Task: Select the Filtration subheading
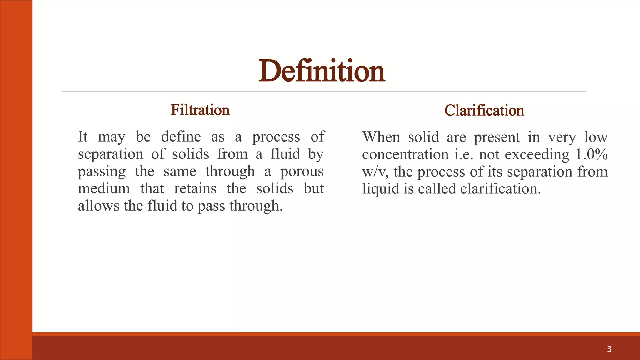click(200, 110)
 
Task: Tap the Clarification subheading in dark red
click(484, 110)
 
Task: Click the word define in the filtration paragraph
click(181, 137)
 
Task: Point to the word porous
click(302, 172)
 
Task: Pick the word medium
click(104, 189)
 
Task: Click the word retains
click(195, 189)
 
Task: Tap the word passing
click(102, 172)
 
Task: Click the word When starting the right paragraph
click(381, 137)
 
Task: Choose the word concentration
click(405, 155)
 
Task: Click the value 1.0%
click(592, 154)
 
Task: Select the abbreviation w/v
click(375, 172)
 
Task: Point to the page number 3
click(609, 349)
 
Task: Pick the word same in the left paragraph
click(180, 172)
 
